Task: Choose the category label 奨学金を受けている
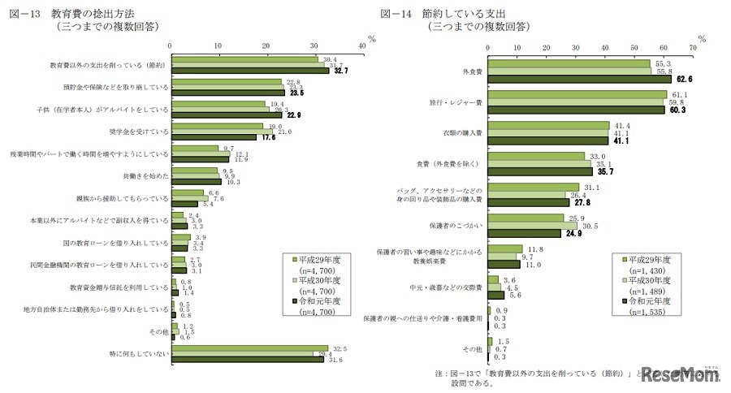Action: click(133, 131)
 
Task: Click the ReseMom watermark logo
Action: click(678, 375)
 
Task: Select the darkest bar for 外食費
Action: click(579, 80)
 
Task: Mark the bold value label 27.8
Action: click(582, 202)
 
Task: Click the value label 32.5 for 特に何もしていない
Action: click(340, 348)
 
